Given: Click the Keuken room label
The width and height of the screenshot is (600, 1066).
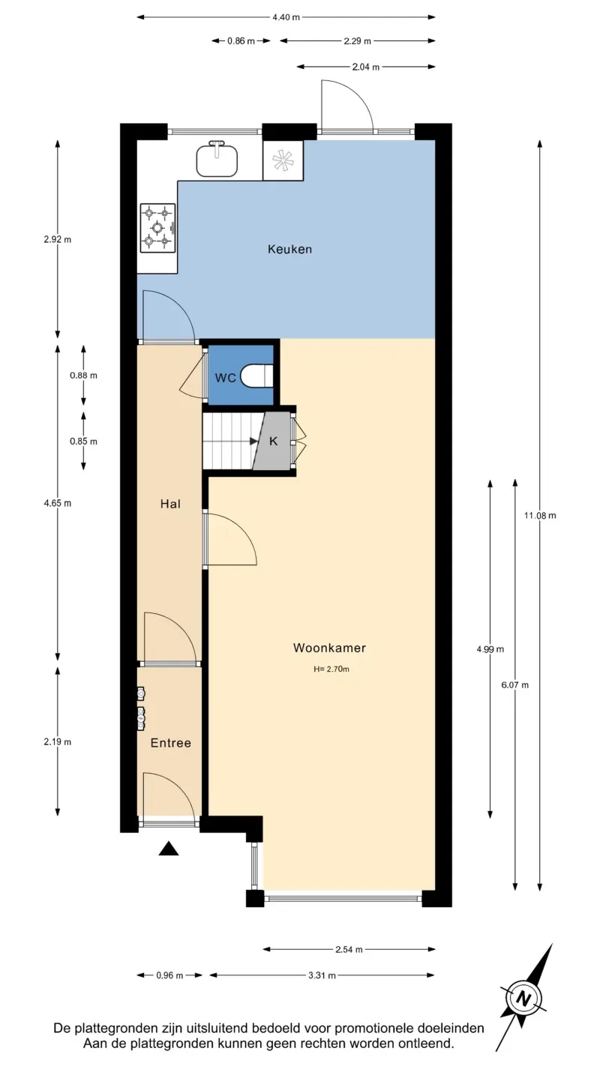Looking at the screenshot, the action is (289, 249).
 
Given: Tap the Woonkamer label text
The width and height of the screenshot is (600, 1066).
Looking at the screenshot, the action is (329, 648).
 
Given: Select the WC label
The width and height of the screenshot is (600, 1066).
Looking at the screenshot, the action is (225, 378).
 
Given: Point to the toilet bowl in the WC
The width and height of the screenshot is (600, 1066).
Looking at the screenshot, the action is (257, 376).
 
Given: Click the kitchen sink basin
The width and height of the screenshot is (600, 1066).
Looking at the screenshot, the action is (217, 160).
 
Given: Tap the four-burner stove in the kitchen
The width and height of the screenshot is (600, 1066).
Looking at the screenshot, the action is (157, 227).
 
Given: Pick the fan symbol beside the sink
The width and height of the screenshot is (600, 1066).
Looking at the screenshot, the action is (283, 160).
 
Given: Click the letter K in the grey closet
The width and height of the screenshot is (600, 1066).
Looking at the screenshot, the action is (273, 441).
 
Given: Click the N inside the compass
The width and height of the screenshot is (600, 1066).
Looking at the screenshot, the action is (524, 998).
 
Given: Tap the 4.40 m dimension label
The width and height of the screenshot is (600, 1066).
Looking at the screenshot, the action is (286, 17).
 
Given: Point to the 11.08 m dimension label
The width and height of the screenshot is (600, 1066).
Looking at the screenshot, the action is (540, 516).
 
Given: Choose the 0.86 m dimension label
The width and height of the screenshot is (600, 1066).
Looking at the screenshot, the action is (241, 41).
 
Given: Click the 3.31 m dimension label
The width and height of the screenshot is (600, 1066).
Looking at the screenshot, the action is (322, 975).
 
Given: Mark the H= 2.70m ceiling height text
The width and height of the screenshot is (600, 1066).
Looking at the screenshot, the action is (331, 669).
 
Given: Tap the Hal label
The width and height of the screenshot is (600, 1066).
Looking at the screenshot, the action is (170, 504).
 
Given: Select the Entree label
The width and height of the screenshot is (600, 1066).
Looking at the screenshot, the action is (170, 743).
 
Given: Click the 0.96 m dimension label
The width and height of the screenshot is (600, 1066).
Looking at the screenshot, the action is (169, 975).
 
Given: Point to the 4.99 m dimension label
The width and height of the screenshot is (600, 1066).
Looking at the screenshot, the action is (490, 649).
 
